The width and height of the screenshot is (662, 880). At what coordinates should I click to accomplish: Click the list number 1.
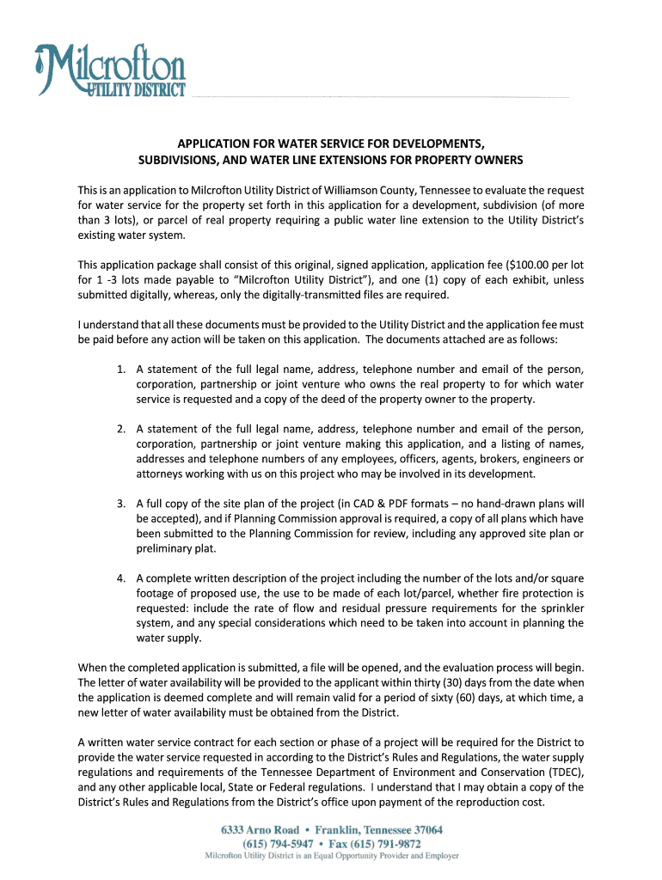click(122, 370)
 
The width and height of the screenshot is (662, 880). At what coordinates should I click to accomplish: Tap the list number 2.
click(122, 429)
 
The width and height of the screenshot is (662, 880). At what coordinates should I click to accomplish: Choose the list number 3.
click(122, 503)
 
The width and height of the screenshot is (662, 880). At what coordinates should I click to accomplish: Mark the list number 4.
click(122, 577)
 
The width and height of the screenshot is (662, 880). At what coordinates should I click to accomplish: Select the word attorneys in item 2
click(159, 474)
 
